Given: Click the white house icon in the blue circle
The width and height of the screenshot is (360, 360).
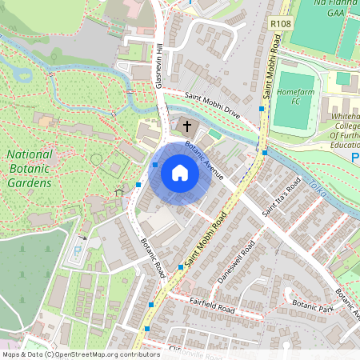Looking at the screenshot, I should [x=180, y=173].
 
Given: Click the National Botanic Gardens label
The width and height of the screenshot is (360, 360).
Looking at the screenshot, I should [x=30, y=169].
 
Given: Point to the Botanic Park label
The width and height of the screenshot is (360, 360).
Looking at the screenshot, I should [x=313, y=305].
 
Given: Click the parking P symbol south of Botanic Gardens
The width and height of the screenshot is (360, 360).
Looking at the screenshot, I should [x=77, y=250].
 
